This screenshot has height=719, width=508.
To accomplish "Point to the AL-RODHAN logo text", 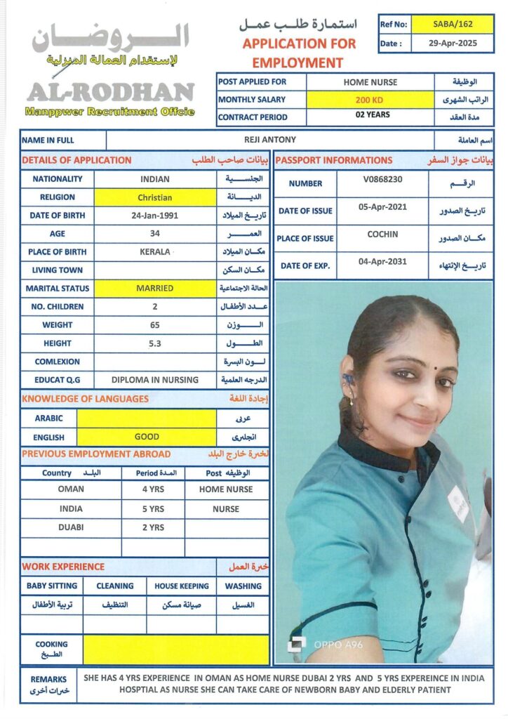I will point(110,92).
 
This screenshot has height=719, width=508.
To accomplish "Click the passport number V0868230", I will point(382,180).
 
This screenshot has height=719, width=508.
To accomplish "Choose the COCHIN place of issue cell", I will point(382,235).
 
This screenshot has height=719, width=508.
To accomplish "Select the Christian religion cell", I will point(154,197).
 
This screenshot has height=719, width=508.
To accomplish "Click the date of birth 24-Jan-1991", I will point(154,216).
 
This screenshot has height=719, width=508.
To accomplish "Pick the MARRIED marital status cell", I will point(154,288).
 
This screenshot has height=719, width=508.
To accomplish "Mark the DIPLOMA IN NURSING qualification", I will point(154,380).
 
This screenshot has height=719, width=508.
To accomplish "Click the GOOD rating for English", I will point(147,437).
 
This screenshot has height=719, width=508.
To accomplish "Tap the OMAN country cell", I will point(71,489).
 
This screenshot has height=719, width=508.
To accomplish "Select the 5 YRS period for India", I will point(153,509).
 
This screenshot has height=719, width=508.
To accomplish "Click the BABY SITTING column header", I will point(52,586).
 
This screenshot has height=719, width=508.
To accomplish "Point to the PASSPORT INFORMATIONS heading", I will point(334,160).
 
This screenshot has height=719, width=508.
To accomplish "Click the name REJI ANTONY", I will point(269,140).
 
